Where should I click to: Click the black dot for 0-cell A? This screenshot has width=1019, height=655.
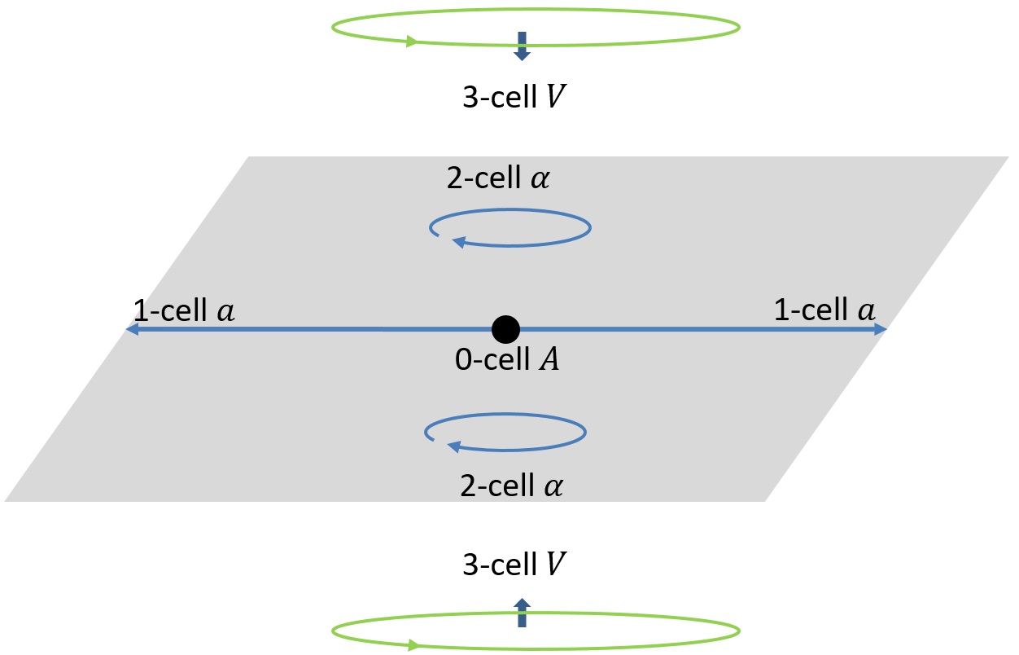[505, 329]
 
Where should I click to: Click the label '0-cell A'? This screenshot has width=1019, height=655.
[506, 359]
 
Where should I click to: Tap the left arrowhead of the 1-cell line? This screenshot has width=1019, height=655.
[131, 329]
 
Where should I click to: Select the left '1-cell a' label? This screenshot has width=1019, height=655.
[184, 310]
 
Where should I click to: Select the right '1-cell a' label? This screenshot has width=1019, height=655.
[824, 310]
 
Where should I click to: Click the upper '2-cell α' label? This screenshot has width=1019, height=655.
[498, 179]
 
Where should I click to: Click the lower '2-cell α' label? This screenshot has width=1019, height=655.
[511, 486]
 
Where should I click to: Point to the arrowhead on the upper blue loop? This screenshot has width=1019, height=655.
[458, 241]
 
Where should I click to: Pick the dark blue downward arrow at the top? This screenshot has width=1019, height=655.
[521, 46]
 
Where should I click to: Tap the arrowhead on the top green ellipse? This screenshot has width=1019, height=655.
[415, 42]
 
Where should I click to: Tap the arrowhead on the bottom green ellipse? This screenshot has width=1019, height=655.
[415, 645]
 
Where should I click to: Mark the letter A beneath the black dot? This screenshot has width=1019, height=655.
[550, 359]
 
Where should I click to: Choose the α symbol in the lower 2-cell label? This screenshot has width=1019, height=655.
[554, 487]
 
